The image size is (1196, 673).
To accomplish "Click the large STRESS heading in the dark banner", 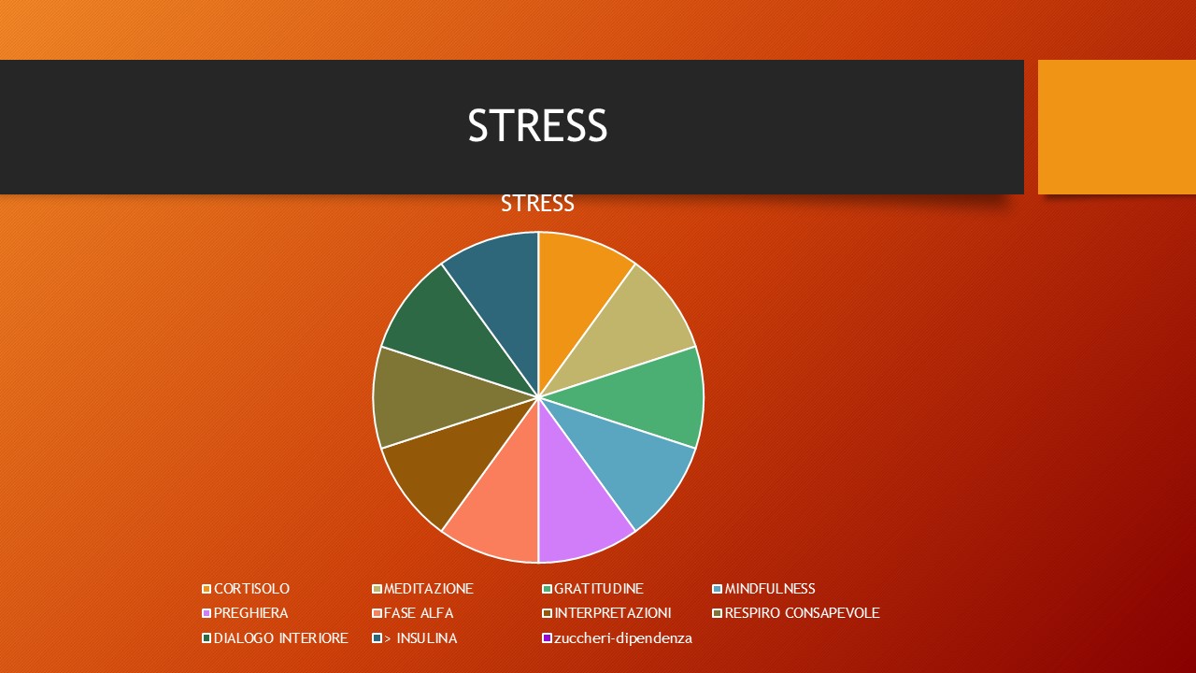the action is pyautogui.click(x=537, y=125).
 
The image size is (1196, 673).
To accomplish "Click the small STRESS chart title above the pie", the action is pyautogui.click(x=537, y=204).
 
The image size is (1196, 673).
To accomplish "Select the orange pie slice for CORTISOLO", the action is pyautogui.click(x=579, y=289).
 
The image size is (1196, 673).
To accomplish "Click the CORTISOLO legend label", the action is pyautogui.click(x=251, y=589).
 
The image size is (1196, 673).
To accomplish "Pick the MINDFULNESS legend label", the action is pyautogui.click(x=770, y=589).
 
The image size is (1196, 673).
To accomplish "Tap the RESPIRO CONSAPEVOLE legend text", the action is pyautogui.click(x=802, y=612).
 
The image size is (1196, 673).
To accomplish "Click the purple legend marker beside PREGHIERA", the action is pyautogui.click(x=206, y=613).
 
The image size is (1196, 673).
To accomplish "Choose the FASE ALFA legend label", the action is pyautogui.click(x=419, y=612).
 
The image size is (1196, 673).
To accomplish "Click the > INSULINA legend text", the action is pyautogui.click(x=420, y=638).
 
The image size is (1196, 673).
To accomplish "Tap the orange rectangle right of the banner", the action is pyautogui.click(x=1117, y=127).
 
